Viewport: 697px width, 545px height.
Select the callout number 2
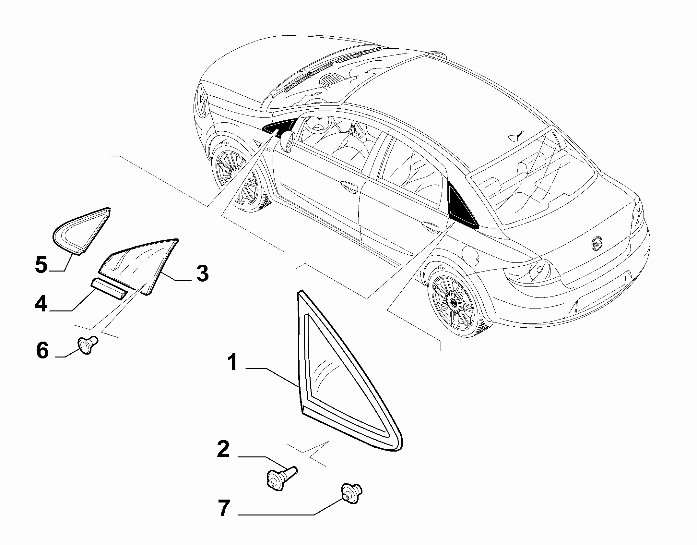click(x=223, y=449)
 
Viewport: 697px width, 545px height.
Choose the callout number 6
click(x=42, y=350)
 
